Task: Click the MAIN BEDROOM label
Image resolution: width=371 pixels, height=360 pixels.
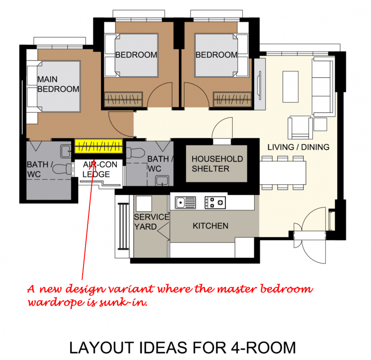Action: [x=58, y=84]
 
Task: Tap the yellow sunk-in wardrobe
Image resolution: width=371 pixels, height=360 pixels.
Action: [x=99, y=146]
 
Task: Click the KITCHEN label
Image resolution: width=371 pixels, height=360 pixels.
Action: [x=210, y=226]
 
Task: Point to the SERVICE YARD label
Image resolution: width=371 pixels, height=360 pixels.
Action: [x=151, y=221]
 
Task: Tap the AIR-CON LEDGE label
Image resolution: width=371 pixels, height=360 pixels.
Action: [x=97, y=169]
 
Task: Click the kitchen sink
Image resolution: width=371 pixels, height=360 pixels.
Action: [x=185, y=202]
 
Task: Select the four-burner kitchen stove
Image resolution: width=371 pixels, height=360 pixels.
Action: [x=215, y=202]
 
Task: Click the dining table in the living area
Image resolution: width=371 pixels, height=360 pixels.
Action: [x=284, y=171]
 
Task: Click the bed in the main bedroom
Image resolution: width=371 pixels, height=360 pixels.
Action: [x=54, y=86]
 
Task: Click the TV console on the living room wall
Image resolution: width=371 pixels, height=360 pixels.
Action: [x=260, y=84]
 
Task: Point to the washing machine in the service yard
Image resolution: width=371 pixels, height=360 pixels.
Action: [x=143, y=203]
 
